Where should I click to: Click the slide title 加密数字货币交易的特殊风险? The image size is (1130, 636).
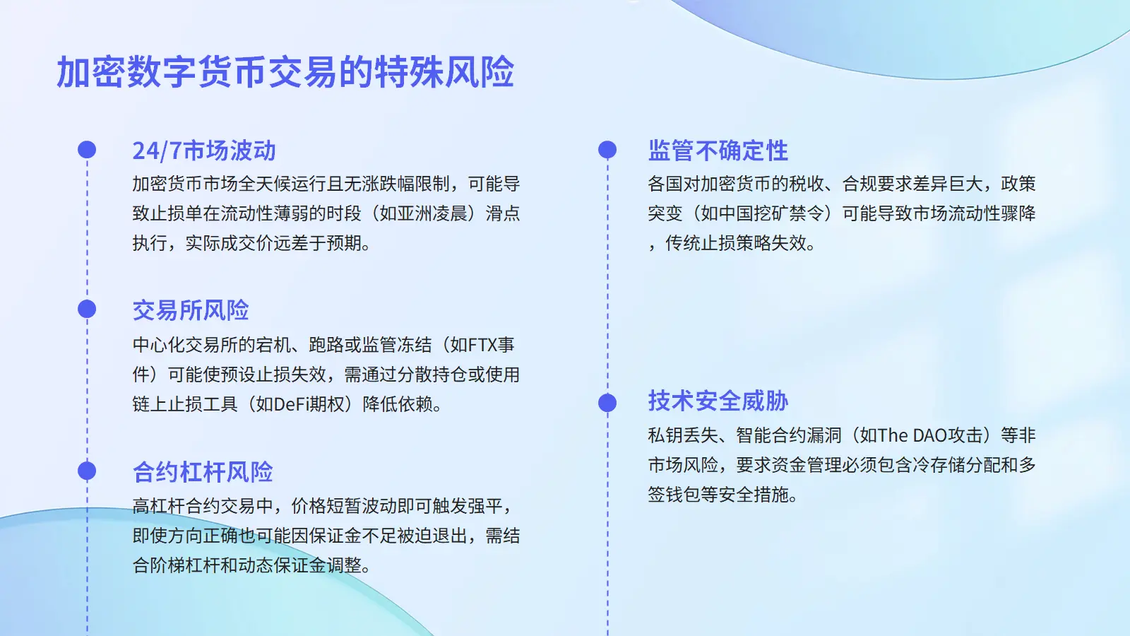tap(285, 72)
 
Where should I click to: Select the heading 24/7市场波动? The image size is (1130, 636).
tap(204, 151)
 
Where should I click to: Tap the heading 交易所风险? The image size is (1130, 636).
tap(191, 310)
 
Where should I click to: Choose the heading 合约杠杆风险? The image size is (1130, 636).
tap(203, 472)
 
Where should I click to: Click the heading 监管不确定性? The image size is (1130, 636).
tap(718, 151)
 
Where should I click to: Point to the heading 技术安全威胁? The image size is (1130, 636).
tap(718, 401)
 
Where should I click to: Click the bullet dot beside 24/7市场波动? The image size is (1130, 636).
tap(87, 150)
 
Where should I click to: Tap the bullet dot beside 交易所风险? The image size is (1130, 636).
tap(87, 309)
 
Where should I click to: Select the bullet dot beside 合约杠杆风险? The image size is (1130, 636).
tap(87, 471)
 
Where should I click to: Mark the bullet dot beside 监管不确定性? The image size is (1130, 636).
tap(607, 150)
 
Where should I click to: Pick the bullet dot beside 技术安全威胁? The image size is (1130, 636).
tap(607, 403)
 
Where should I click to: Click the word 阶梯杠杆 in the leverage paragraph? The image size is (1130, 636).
tap(185, 565)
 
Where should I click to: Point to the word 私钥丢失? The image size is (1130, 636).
tap(682, 435)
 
